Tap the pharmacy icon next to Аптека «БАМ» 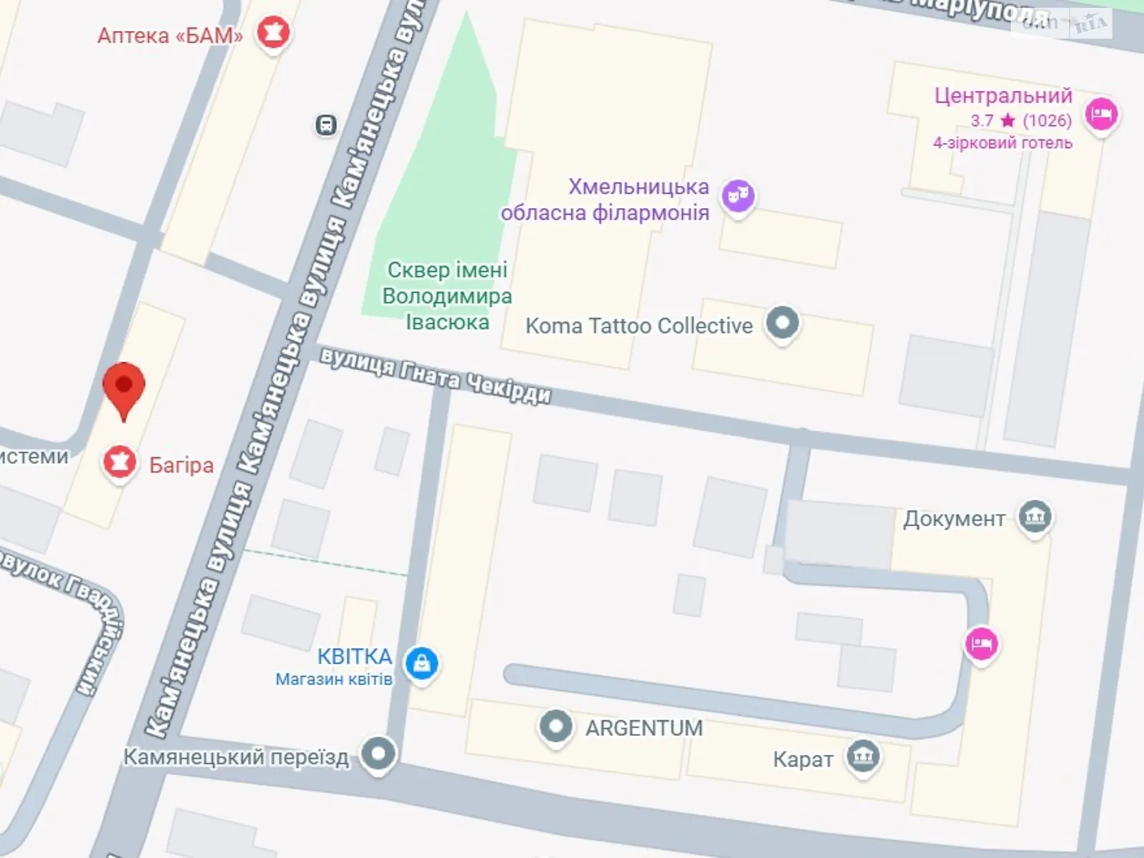pyautogui.click(x=273, y=32)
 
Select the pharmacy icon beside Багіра pyautogui.click(x=119, y=463)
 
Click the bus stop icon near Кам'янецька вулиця pyautogui.click(x=326, y=126)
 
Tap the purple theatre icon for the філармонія pyautogui.click(x=738, y=194)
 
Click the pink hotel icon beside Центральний pyautogui.click(x=1101, y=113)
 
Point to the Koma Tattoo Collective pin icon pyautogui.click(x=782, y=323)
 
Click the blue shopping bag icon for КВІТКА pyautogui.click(x=422, y=663)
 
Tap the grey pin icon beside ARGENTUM pyautogui.click(x=556, y=726)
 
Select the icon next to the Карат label pyautogui.click(x=863, y=756)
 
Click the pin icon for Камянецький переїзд pyautogui.click(x=378, y=754)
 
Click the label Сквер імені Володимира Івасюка pyautogui.click(x=447, y=296)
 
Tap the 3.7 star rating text pyautogui.click(x=1021, y=120)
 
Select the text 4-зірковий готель pyautogui.click(x=1002, y=143)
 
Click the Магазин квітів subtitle pyautogui.click(x=334, y=679)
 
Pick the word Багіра pyautogui.click(x=182, y=465)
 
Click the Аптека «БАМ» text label pyautogui.click(x=170, y=35)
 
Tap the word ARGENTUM pyautogui.click(x=644, y=728)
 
